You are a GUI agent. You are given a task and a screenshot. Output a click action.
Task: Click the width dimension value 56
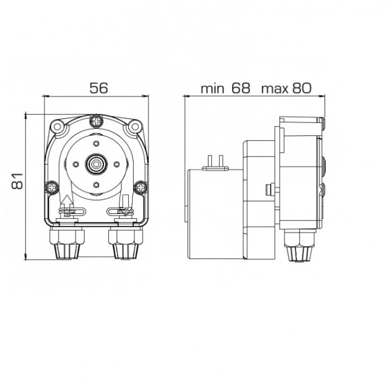[x=99, y=88]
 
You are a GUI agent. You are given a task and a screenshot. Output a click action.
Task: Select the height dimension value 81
[x=17, y=181]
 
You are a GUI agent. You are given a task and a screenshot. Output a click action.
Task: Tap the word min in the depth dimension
[x=212, y=88]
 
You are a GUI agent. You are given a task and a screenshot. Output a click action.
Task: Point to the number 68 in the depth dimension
[x=240, y=88]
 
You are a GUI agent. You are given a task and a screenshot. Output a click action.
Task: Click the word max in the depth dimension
[x=275, y=89]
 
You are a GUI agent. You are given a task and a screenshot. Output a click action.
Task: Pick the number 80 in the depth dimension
[x=302, y=88]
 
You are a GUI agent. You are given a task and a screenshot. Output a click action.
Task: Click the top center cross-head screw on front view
[x=96, y=121]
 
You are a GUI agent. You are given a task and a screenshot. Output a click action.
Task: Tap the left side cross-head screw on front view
[x=52, y=187]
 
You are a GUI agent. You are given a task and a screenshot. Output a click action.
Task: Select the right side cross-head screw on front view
[x=141, y=187]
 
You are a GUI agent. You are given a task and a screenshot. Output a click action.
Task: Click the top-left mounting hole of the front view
[x=57, y=127]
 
